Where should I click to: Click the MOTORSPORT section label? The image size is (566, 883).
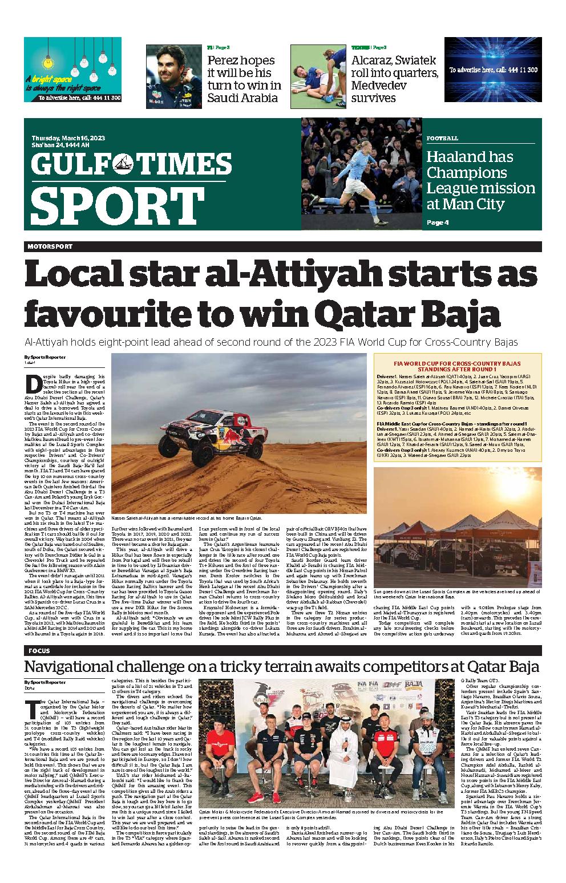pyautogui.click(x=50, y=246)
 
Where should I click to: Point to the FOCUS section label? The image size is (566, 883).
pyautogui.click(x=39, y=651)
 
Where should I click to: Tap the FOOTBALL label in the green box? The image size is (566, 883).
pyautogui.click(x=442, y=139)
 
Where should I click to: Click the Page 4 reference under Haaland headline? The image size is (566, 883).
pyautogui.click(x=438, y=222)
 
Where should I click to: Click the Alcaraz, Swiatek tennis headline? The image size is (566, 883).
pyautogui.click(x=394, y=79)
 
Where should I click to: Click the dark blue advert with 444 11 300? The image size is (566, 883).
pyautogui.click(x=492, y=70)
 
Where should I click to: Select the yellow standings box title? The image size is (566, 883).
pyautogui.click(x=457, y=366)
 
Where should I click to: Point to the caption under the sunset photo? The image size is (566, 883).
pyautogui.click(x=457, y=593)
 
